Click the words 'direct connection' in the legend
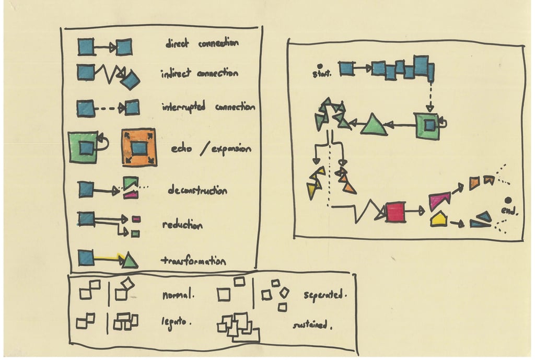click(202, 44)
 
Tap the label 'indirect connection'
click(199, 74)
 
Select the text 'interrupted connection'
click(208, 107)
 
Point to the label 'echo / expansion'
click(211, 149)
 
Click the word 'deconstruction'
click(197, 191)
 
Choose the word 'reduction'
click(182, 225)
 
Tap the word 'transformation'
click(193, 261)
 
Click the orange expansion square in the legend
click(139, 147)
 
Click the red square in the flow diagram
click(396, 212)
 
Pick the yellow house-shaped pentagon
click(438, 218)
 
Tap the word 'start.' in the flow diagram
click(321, 74)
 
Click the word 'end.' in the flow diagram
click(509, 211)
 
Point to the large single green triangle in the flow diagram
click(374, 125)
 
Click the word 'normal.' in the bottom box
click(178, 295)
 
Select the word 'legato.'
click(176, 322)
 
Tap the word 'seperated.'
click(325, 296)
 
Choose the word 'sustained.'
click(312, 325)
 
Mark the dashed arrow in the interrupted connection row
click(109, 109)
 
